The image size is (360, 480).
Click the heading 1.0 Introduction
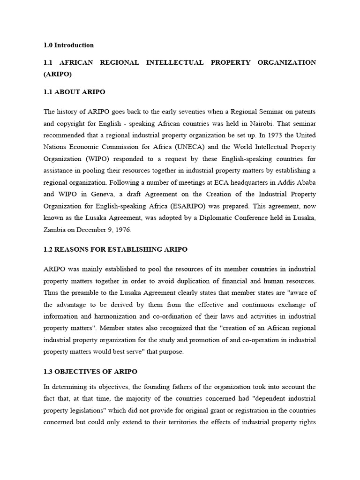(68, 45)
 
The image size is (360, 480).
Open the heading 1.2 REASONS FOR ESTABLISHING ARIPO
(115, 249)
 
